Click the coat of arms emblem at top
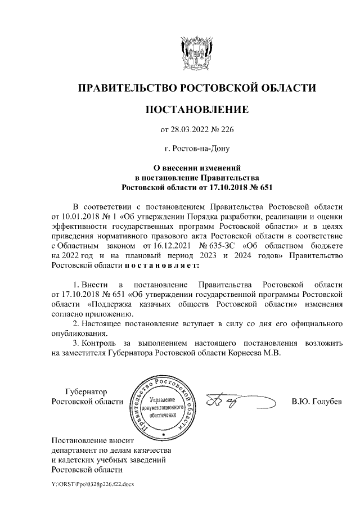pyautogui.click(x=196, y=54)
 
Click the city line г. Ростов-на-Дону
pyautogui.click(x=196, y=149)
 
